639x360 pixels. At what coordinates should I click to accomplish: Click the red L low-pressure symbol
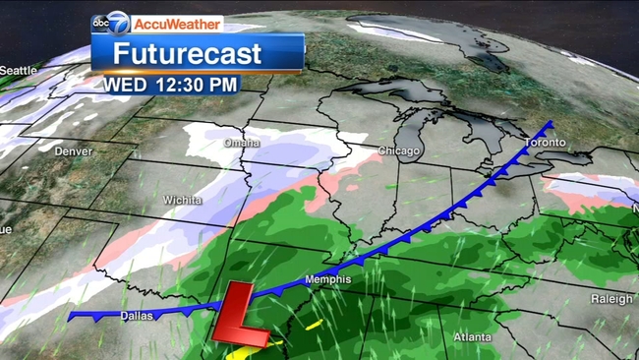tap(242, 315)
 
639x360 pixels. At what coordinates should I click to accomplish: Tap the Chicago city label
tap(399, 151)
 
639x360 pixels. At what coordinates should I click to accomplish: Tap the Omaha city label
tap(242, 143)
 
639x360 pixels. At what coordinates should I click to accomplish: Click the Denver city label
tap(74, 151)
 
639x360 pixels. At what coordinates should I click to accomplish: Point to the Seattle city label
tap(18, 70)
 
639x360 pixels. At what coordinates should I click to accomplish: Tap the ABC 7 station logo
tap(111, 23)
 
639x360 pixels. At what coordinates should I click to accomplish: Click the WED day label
tap(127, 85)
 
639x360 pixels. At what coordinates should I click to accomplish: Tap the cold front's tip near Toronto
tap(551, 124)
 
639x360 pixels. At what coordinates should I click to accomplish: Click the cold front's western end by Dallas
tap(72, 315)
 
